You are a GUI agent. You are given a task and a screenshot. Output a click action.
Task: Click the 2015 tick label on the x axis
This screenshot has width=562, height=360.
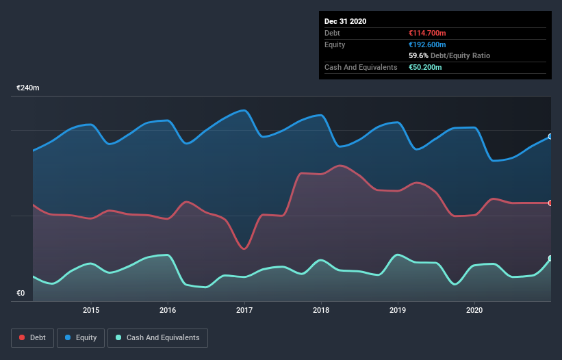(x=91, y=310)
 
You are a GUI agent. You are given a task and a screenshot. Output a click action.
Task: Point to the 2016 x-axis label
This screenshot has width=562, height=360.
(x=168, y=310)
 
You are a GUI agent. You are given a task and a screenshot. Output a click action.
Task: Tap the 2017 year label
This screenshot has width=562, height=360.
(x=244, y=310)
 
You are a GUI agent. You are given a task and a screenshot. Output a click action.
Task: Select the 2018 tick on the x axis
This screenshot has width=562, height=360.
(x=321, y=310)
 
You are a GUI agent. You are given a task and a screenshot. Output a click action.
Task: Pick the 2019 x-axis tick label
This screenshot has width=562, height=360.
(x=398, y=310)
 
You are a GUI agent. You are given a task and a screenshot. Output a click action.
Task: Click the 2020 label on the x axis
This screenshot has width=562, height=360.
(x=474, y=310)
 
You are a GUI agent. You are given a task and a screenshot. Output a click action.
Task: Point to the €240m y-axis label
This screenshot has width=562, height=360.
(x=28, y=88)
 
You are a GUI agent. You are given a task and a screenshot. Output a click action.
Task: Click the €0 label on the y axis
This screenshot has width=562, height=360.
(x=21, y=294)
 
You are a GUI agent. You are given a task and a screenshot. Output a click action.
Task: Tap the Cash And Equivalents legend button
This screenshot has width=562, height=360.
(x=157, y=337)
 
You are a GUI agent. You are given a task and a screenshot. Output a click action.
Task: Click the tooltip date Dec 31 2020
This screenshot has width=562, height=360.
(x=345, y=21)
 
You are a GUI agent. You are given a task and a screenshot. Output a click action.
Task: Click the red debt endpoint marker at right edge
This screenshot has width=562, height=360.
(x=550, y=203)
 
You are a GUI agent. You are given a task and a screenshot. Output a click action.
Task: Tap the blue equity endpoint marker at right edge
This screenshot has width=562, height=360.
(x=550, y=137)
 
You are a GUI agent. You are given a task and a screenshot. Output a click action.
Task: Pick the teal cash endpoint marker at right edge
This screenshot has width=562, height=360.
(x=550, y=259)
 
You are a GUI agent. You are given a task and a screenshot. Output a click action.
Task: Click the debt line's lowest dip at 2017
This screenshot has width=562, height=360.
(x=244, y=248)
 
